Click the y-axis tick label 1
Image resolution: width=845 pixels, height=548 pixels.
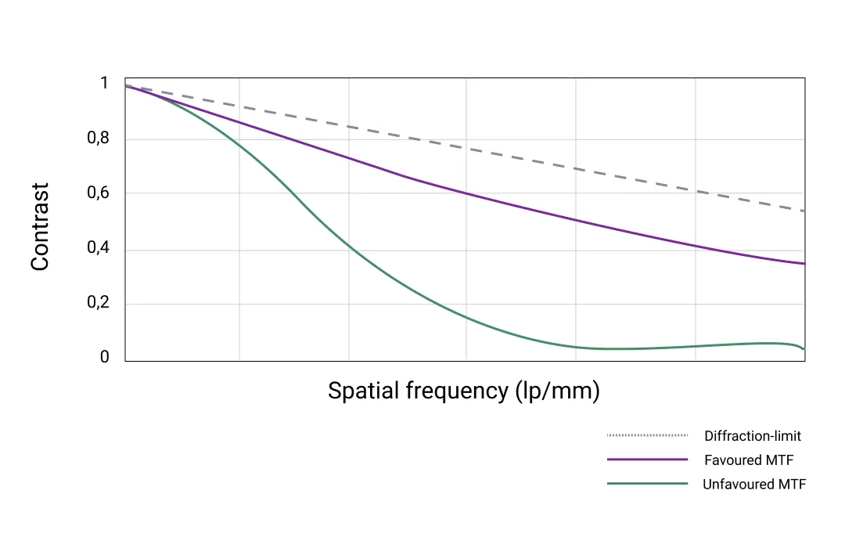pos(104,84)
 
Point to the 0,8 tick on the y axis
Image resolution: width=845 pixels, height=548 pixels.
pos(99,139)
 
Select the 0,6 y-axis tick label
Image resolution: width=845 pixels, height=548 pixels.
pos(99,193)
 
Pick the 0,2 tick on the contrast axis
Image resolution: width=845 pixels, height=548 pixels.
pos(99,304)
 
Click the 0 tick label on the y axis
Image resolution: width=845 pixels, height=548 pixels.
pos(104,358)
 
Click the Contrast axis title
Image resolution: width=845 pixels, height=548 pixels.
pos(40,227)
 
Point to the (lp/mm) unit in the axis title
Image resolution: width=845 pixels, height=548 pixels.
pos(558,391)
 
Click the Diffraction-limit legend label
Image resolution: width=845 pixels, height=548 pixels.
pos(753,436)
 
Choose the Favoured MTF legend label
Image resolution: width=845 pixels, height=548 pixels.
pos(749,460)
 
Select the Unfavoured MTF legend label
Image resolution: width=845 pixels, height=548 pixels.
pos(754,485)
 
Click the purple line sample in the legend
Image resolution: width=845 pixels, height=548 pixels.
pos(647,460)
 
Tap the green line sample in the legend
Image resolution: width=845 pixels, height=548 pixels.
pos(647,484)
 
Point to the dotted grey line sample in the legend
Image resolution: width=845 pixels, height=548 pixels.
pos(647,435)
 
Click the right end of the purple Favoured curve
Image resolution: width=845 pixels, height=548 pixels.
pos(804,264)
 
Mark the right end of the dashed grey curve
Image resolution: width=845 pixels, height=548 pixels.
pos(804,211)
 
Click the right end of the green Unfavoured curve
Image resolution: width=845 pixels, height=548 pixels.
pos(804,348)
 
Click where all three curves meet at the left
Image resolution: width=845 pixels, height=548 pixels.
pos(127,86)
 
